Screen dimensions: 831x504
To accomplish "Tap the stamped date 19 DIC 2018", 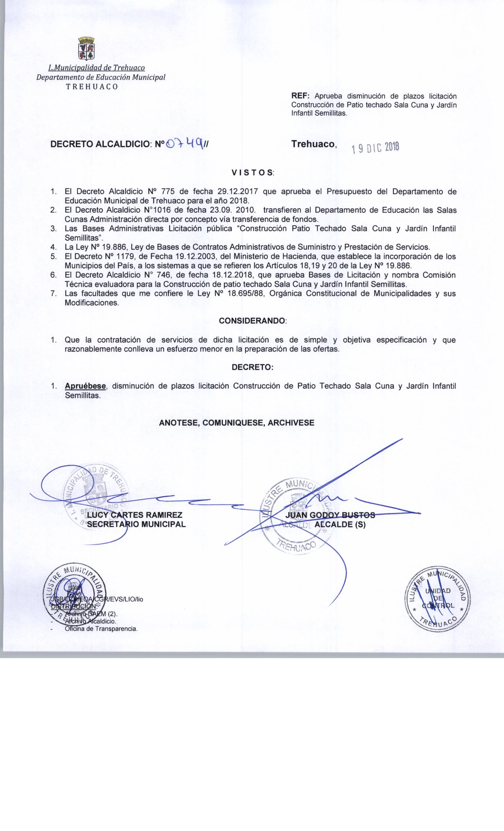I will pyautogui.click(x=375, y=148).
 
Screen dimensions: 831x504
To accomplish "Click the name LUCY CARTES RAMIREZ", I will pyautogui.click(x=135, y=515).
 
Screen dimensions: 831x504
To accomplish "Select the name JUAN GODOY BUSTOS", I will pyautogui.click(x=330, y=515).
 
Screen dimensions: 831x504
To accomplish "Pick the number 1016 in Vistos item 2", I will pyautogui.click(x=164, y=211).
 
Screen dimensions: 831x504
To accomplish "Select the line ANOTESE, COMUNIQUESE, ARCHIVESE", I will pyautogui.click(x=236, y=423).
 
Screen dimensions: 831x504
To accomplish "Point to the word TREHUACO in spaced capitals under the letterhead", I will pyautogui.click(x=92, y=87).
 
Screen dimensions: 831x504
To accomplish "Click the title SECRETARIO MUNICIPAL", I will pyautogui.click(x=136, y=525).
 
